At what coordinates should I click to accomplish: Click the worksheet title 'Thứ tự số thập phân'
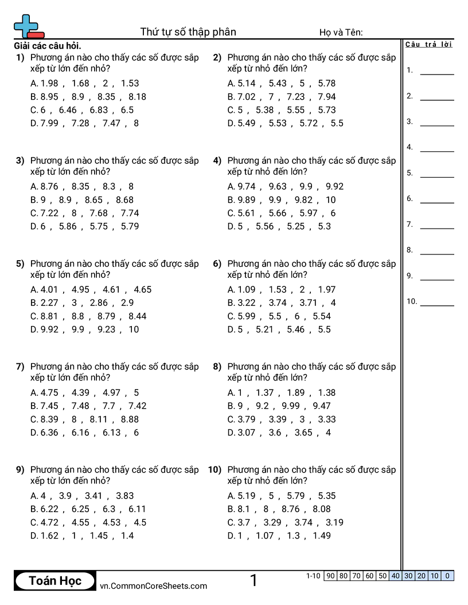188,32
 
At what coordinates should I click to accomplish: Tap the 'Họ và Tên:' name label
341,33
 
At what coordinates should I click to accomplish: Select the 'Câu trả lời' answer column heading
428,45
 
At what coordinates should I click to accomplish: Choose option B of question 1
88,97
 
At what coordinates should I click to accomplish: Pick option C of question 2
282,110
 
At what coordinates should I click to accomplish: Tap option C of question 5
88,316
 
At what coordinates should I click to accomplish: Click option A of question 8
282,392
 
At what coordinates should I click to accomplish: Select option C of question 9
88,522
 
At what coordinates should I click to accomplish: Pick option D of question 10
279,536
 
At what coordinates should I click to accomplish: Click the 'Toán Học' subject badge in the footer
55,581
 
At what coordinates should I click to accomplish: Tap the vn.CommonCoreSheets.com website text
153,586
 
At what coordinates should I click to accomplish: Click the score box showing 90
330,576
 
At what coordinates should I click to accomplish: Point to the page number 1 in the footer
253,581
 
